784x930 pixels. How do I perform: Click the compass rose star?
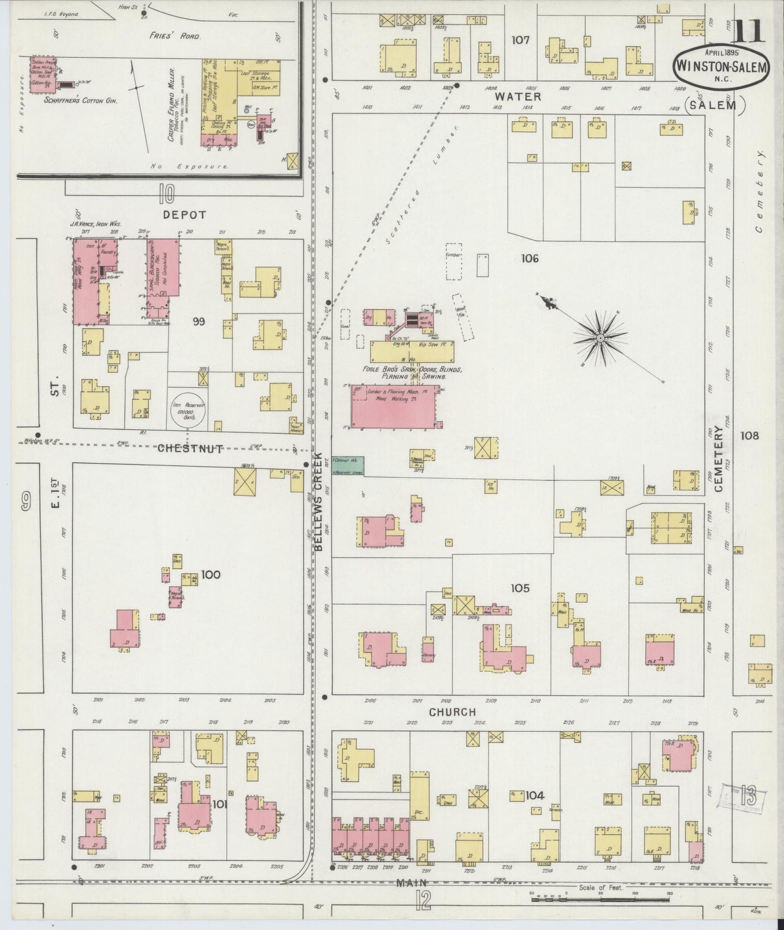click(x=600, y=339)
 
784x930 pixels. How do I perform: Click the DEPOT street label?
click(x=185, y=215)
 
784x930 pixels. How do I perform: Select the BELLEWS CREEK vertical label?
click(x=318, y=502)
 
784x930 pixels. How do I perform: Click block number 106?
click(x=530, y=258)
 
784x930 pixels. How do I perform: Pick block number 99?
click(x=198, y=322)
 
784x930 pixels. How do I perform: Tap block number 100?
click(x=211, y=574)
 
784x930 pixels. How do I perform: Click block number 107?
click(x=520, y=40)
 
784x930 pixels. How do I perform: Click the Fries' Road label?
click(x=175, y=36)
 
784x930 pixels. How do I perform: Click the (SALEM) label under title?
click(x=714, y=105)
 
